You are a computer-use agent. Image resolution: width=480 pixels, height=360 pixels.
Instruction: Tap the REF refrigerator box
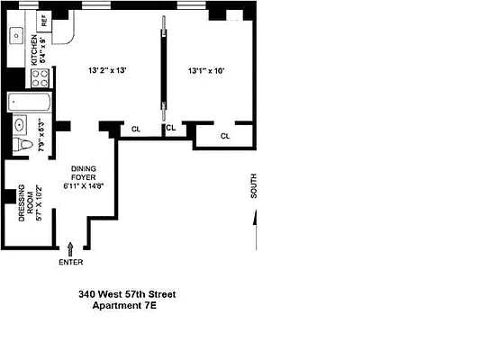point(42,19)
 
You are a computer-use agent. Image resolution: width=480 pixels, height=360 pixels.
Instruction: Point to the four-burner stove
point(41,78)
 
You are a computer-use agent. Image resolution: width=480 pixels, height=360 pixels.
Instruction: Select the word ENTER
point(70,262)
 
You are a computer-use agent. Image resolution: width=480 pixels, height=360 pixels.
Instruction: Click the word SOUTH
point(254,185)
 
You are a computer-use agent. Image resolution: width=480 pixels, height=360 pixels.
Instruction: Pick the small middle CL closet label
point(169,129)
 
